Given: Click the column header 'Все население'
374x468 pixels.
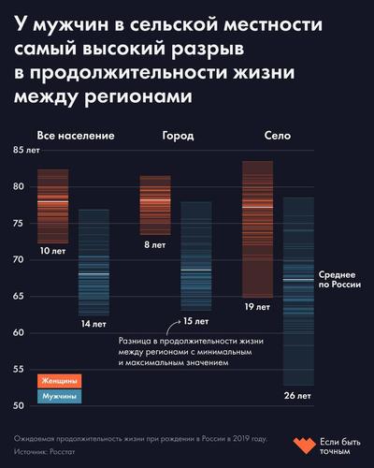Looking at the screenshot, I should (76, 136).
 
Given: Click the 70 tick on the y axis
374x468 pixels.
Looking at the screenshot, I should (19, 259).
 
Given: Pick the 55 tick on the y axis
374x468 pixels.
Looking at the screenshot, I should (19, 369).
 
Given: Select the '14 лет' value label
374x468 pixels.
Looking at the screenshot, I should (93, 324).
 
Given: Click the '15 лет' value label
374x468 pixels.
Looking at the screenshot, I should (194, 321).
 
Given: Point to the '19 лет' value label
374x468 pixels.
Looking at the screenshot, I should (256, 306).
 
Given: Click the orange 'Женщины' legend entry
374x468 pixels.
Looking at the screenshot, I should (59, 381).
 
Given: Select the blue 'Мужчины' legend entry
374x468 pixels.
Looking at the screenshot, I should (59, 397).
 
